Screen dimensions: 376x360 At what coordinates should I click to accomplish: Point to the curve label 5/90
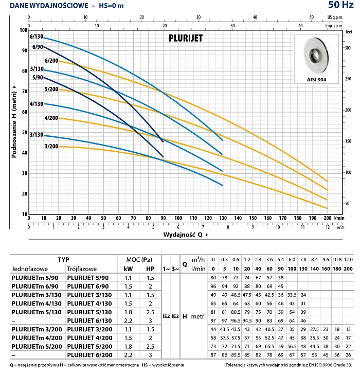pyautogui.click(x=23, y=78)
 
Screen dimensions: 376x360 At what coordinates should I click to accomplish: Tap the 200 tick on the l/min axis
pyautogui.click(x=327, y=218)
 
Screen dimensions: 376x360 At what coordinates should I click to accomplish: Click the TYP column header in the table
pyautogui.click(x=63, y=260)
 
